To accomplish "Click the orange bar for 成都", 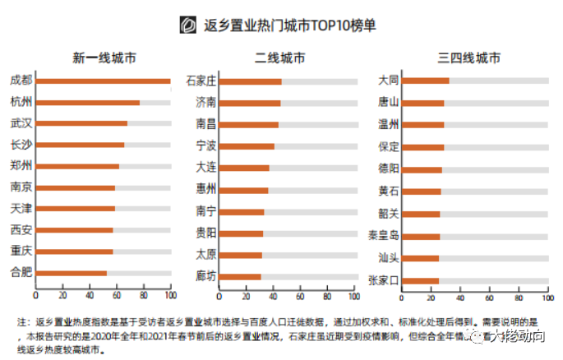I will [103, 81].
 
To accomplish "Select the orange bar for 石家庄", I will [252, 81].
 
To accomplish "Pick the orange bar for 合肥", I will [72, 272].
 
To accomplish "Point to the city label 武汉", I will [21, 123].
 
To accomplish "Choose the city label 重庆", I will [21, 250].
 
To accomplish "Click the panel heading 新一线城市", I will [104, 58].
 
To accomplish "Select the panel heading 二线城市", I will [281, 58].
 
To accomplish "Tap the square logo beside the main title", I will [188, 25].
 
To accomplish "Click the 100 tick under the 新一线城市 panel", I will [170, 295].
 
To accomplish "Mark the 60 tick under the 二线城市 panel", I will [302, 295].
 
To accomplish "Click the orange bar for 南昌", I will [250, 125].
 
